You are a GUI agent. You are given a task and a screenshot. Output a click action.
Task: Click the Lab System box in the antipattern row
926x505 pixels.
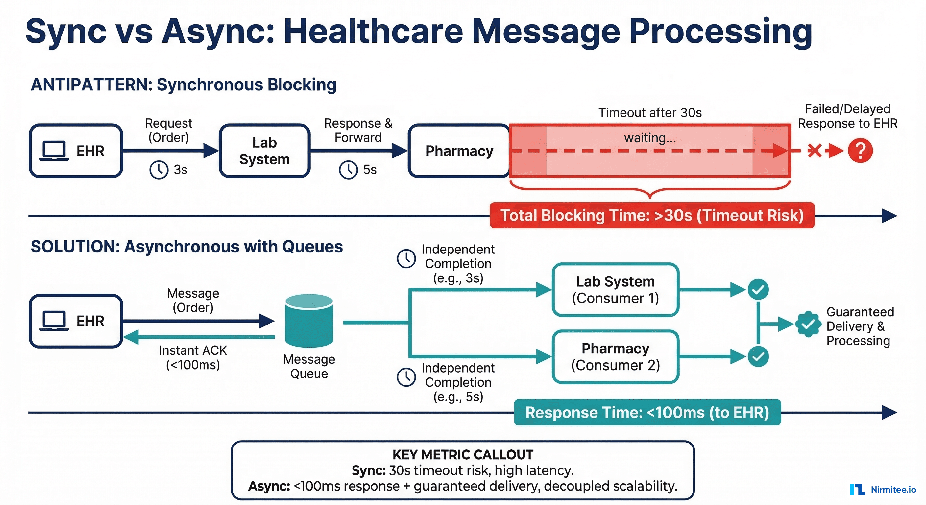tap(265, 151)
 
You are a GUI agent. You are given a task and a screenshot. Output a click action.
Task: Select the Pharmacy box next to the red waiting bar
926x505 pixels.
tap(459, 151)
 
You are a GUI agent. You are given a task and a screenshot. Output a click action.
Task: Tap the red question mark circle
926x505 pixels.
tap(860, 151)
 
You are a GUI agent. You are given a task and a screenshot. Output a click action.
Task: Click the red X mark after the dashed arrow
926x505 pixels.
tap(814, 151)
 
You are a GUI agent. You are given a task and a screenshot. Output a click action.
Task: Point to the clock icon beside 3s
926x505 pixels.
tap(158, 170)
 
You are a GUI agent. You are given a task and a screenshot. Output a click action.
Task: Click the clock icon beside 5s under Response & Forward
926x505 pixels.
tap(348, 170)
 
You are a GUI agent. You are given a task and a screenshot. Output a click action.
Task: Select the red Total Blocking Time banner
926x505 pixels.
tap(652, 215)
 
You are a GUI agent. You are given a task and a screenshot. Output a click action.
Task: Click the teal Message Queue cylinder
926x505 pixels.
tap(309, 321)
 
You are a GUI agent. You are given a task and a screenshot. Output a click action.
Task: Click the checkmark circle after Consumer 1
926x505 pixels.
tap(758, 289)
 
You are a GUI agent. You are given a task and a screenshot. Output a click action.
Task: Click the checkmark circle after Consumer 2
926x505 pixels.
tap(758, 356)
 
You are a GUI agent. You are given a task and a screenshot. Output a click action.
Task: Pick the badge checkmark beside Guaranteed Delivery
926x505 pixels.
tap(808, 324)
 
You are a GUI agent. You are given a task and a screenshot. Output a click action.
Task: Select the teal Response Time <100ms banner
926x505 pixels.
tap(647, 412)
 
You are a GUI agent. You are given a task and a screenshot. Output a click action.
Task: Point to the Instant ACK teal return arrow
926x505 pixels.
tap(200, 337)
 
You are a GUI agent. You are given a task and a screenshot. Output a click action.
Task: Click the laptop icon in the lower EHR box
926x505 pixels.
tap(54, 321)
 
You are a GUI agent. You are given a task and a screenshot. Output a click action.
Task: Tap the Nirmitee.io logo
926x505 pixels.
tap(883, 489)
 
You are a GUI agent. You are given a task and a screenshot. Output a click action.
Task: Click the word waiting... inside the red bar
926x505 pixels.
tap(649, 138)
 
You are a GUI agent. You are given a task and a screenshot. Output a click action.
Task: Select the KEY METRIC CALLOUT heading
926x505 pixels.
tap(463, 455)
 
